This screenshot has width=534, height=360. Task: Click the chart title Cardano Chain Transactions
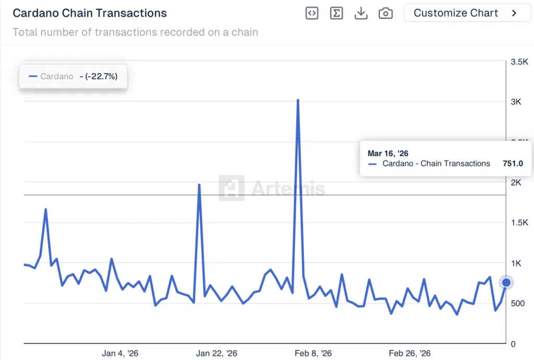click(90, 13)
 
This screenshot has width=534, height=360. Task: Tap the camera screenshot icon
click(385, 14)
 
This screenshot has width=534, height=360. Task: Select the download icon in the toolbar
click(361, 14)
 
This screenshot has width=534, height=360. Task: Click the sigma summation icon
click(336, 14)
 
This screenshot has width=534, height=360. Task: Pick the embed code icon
click(312, 14)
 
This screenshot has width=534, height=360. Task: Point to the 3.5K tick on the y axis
click(519, 62)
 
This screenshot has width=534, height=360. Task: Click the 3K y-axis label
click(516, 102)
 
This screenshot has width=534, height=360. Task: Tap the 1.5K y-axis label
click(519, 223)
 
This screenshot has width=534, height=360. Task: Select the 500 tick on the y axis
click(517, 304)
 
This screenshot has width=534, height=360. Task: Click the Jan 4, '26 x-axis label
click(120, 353)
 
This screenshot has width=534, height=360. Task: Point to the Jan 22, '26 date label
click(216, 353)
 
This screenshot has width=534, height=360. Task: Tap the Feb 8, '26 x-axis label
click(313, 353)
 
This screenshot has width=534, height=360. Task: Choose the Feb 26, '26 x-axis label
click(410, 353)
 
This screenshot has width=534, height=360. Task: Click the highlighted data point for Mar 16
click(506, 283)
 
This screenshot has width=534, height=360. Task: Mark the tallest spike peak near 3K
click(298, 100)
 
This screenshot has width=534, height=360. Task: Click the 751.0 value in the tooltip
click(513, 163)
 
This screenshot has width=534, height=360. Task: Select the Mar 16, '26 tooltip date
click(388, 153)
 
